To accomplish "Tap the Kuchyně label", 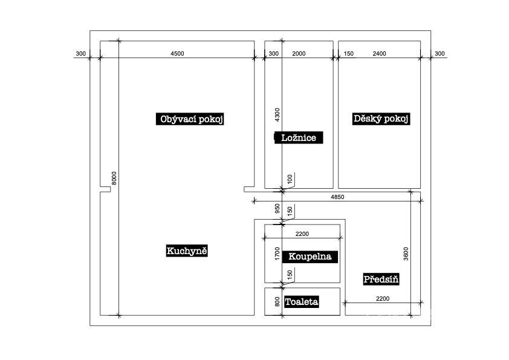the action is click(x=187, y=251).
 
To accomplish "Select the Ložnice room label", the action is click(x=299, y=137).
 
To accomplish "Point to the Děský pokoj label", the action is click(x=381, y=119).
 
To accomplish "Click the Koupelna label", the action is click(x=310, y=257).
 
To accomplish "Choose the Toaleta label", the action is click(x=302, y=302).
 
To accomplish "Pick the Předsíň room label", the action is click(x=381, y=280).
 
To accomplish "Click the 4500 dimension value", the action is click(x=177, y=54).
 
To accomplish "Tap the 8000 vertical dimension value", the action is click(x=114, y=178).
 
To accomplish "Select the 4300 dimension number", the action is click(x=277, y=115).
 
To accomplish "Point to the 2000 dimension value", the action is click(x=299, y=54).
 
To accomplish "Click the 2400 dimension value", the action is click(x=379, y=54).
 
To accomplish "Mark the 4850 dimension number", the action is click(x=337, y=197).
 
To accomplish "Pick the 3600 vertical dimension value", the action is click(x=406, y=254).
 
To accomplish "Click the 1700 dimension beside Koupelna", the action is click(x=277, y=254).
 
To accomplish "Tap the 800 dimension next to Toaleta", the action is click(x=277, y=302).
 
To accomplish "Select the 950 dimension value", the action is click(x=277, y=209).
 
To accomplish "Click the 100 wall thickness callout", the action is click(x=290, y=179).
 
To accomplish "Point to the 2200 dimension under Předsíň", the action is click(x=383, y=299).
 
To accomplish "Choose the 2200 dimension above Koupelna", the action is click(x=302, y=234).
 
